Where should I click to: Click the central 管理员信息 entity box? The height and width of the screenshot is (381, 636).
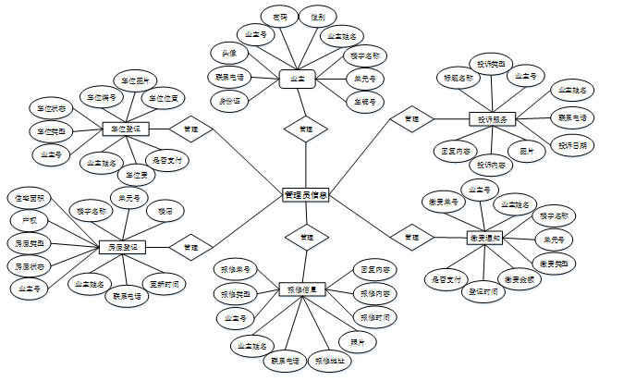coord(306,194)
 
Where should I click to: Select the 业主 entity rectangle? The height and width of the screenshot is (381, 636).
coord(298,80)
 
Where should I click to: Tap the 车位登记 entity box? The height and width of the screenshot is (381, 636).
coord(124,129)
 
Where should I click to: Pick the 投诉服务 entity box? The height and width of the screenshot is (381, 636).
coord(491,118)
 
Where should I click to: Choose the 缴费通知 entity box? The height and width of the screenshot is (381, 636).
coord(484,238)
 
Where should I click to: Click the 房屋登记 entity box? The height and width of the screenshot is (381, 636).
coord(123,247)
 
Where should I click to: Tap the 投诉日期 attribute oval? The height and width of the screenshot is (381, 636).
coord(576,145)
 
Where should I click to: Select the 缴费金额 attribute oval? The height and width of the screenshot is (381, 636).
coord(518,277)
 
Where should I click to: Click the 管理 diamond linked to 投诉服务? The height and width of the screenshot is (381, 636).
coord(411,118)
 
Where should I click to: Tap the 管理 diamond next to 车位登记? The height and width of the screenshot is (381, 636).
coord(190,129)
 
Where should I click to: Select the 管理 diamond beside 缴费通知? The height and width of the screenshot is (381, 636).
coord(411,238)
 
